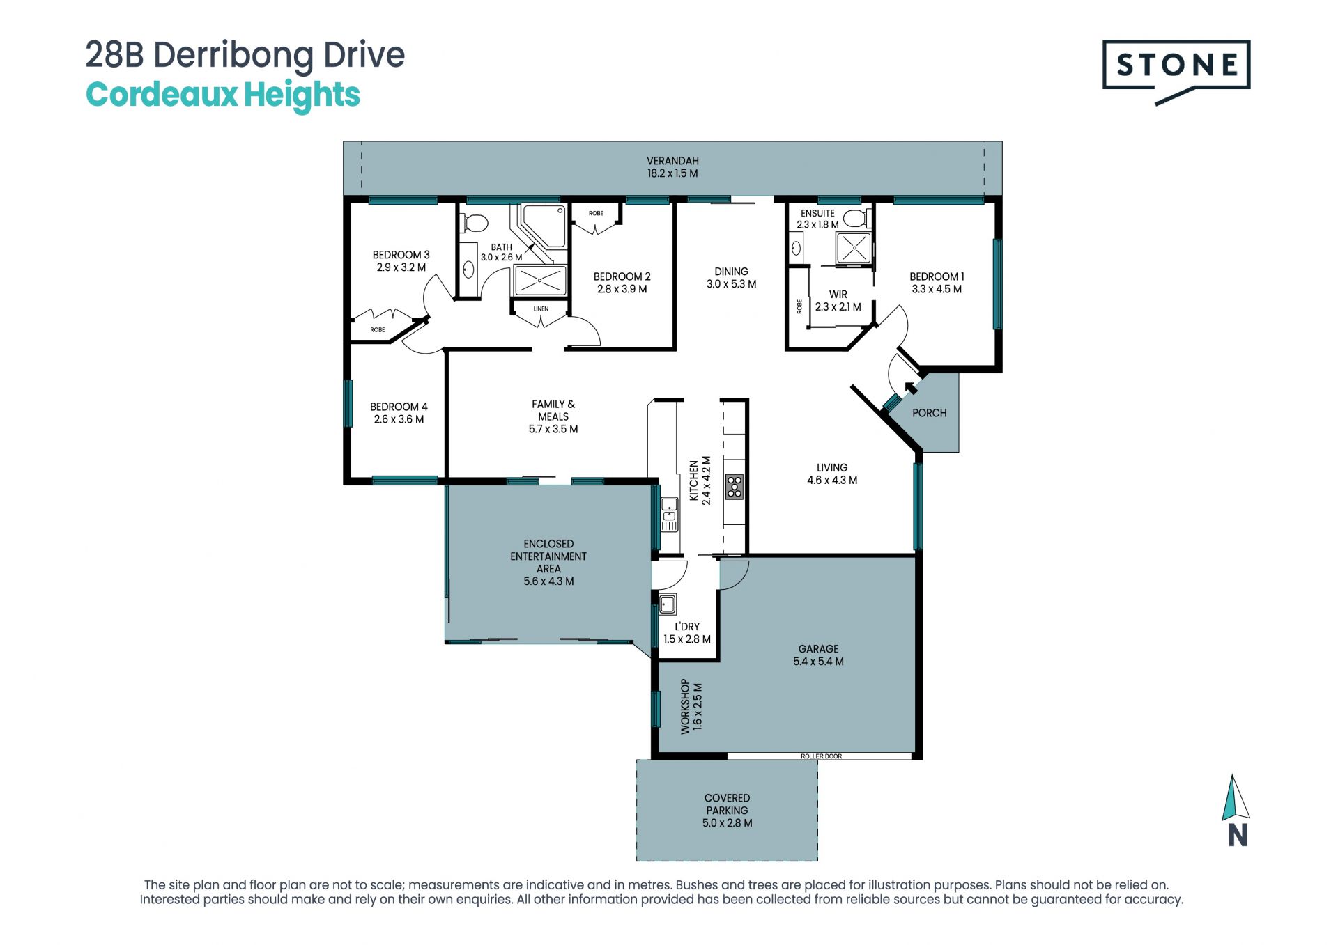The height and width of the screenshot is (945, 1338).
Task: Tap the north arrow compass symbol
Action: pyautogui.click(x=1236, y=811)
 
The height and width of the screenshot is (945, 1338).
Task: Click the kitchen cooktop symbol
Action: pyautogui.click(x=735, y=487)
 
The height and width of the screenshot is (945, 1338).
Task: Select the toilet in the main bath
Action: pyautogui.click(x=474, y=223)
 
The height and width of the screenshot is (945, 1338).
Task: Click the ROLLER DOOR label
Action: pyautogui.click(x=821, y=756)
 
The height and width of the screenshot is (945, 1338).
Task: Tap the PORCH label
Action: pyautogui.click(x=929, y=413)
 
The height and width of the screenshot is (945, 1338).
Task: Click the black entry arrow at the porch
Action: pyautogui.click(x=910, y=388)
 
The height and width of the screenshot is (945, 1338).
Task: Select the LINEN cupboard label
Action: pyautogui.click(x=541, y=309)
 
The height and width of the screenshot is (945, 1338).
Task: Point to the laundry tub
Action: pyautogui.click(x=667, y=604)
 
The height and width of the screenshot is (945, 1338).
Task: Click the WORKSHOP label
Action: pyautogui.click(x=685, y=706)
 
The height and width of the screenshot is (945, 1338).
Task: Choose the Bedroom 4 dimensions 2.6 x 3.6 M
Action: pyautogui.click(x=399, y=419)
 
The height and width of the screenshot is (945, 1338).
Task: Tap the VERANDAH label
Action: pyautogui.click(x=672, y=161)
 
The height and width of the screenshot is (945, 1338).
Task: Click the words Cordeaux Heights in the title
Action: pyautogui.click(x=223, y=95)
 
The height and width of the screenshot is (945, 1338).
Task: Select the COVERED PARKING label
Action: pyautogui.click(x=727, y=804)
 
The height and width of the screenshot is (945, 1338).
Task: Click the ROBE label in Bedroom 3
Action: pyautogui.click(x=378, y=330)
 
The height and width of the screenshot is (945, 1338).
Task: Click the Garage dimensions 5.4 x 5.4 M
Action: pyautogui.click(x=818, y=662)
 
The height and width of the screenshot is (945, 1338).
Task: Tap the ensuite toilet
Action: pyautogui.click(x=856, y=219)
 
